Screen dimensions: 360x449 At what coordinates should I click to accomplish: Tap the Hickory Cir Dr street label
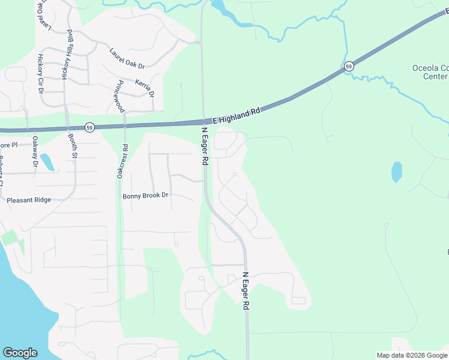40,74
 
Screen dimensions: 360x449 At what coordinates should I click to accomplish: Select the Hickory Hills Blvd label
67,55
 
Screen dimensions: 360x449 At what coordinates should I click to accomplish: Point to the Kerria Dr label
145,88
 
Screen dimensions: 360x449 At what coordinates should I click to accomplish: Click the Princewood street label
120,96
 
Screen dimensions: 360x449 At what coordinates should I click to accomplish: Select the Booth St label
73,146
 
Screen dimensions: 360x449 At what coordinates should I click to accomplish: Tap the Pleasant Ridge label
29,200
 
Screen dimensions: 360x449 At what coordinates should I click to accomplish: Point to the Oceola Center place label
430,72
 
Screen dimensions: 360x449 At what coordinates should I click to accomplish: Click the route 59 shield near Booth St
89,127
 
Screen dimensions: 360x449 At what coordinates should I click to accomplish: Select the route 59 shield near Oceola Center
349,66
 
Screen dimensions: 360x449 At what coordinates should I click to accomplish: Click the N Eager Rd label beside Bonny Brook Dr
204,146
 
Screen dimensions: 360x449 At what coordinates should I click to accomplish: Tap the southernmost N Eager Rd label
246,291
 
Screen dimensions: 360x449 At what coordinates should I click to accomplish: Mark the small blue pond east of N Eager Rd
397,172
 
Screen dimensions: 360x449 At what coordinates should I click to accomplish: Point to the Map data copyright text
412,355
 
